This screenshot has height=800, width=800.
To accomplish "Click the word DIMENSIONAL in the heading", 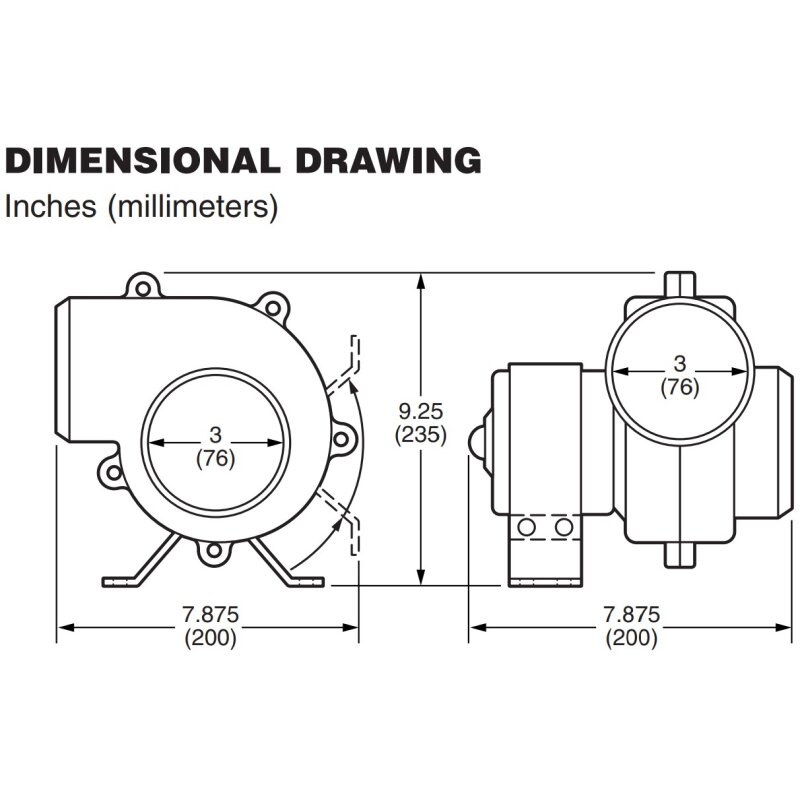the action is [141, 161].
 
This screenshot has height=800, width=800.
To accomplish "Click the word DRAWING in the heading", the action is [388, 161].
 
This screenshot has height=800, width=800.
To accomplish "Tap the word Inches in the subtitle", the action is [50, 206].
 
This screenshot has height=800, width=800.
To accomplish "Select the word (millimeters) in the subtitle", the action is [193, 207].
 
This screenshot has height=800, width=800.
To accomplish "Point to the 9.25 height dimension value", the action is [421, 411].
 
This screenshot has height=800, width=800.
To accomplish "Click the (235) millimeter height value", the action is [421, 435].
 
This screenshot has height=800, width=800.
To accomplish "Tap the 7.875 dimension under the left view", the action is [211, 614].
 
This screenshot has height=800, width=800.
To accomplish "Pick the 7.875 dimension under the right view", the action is [632, 614].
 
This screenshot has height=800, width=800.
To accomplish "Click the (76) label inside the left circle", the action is [215, 459].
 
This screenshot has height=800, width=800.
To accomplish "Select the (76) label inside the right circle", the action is [680, 387].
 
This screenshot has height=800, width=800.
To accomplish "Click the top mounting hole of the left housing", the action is [143, 289].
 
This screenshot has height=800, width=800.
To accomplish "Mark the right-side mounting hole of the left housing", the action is [341, 439].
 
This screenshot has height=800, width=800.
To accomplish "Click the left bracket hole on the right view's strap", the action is [526, 527].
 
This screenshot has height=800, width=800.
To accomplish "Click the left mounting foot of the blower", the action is [140, 560].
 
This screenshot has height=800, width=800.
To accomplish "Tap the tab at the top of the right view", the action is [680, 285].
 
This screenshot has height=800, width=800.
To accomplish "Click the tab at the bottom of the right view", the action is [680, 555].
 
